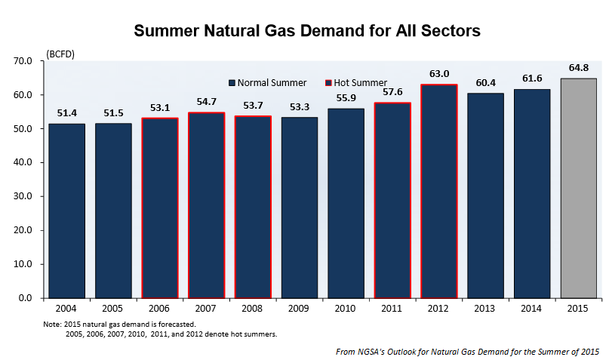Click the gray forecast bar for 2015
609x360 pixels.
pos(579,188)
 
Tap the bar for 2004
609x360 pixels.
pos(66,211)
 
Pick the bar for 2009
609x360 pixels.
pos(300,208)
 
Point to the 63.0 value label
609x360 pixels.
pos(439,74)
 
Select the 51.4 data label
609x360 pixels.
pos(66,112)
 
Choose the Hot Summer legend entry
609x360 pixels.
pos(356,82)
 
